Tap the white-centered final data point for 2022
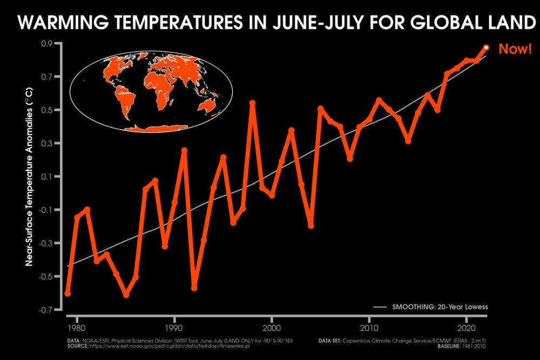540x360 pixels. tap(486, 47)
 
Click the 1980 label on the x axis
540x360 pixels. tap(77, 328)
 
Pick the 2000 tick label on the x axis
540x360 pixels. tap(271, 328)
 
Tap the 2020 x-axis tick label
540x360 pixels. tap(466, 328)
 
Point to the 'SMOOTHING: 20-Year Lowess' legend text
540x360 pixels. tap(440, 307)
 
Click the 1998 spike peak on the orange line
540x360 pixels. tap(252, 103)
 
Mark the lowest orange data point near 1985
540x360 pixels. tap(126, 295)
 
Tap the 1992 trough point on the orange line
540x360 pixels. tap(194, 288)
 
